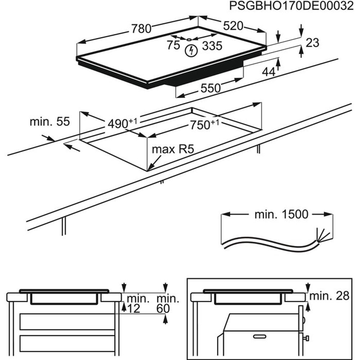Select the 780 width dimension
point(141,28)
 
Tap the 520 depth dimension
point(233,26)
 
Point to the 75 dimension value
point(173,46)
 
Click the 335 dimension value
point(212,46)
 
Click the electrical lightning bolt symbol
point(191,51)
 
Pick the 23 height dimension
point(312,43)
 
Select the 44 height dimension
point(268,72)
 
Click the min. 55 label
point(49,122)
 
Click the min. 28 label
point(329,296)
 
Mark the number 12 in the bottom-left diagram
point(134,308)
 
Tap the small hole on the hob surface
point(189,39)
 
